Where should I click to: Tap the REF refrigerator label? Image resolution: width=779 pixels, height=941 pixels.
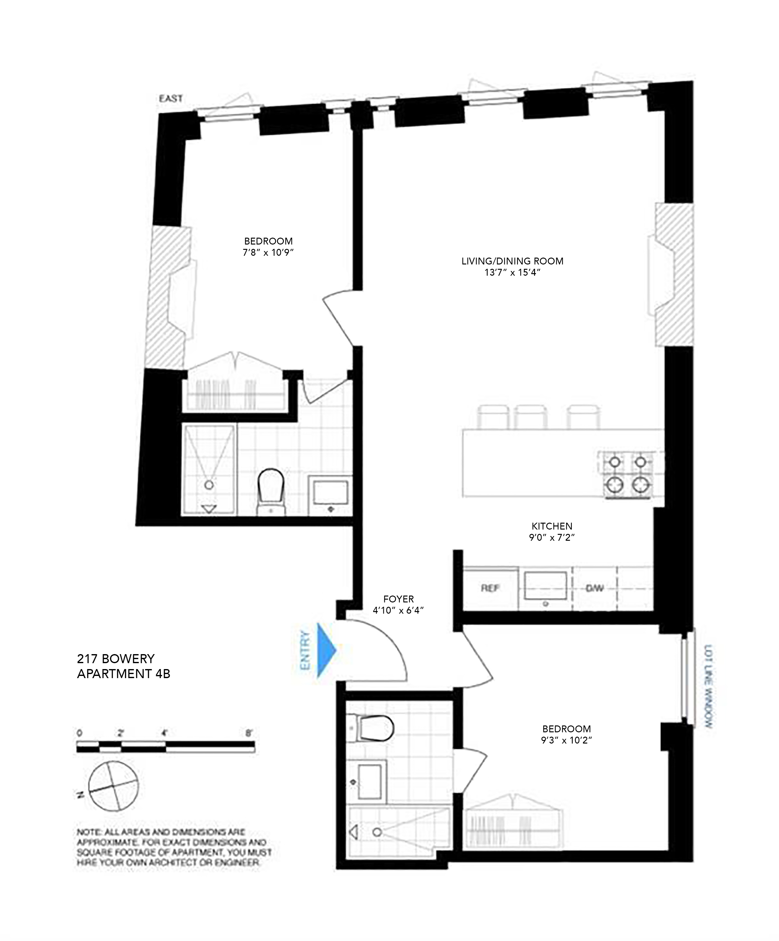pyautogui.click(x=490, y=588)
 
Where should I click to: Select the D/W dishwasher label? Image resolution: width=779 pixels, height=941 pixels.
pyautogui.click(x=594, y=588)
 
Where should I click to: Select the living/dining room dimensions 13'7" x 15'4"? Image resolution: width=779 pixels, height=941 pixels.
pyautogui.click(x=512, y=272)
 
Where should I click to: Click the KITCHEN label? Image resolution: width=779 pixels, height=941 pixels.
pyautogui.click(x=552, y=526)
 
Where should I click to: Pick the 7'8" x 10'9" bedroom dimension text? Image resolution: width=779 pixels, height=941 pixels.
pyautogui.click(x=268, y=252)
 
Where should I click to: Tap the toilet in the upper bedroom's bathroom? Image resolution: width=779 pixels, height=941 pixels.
pyautogui.click(x=272, y=491)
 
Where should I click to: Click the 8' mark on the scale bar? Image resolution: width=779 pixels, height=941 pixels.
pyautogui.click(x=249, y=734)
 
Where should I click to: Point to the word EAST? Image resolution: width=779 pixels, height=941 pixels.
pyautogui.click(x=171, y=98)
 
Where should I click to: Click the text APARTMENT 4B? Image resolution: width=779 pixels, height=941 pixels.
pyautogui.click(x=123, y=673)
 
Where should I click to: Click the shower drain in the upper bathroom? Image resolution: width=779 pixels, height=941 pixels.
pyautogui.click(x=209, y=484)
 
